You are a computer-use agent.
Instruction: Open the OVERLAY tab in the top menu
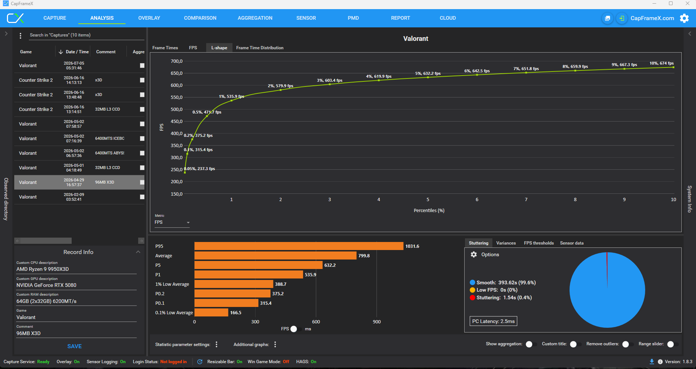click(x=149, y=18)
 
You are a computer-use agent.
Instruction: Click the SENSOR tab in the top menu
click(x=306, y=18)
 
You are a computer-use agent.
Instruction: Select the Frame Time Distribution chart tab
click(x=260, y=48)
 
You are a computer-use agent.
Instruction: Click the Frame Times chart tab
click(x=165, y=48)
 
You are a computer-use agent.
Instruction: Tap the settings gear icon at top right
click(x=684, y=18)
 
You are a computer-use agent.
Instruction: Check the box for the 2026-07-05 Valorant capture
click(x=142, y=66)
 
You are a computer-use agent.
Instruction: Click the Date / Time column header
click(x=77, y=52)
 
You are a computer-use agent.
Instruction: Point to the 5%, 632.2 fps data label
click(x=428, y=73)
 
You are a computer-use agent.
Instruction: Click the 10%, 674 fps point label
click(x=661, y=63)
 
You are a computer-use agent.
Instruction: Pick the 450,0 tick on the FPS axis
click(x=177, y=122)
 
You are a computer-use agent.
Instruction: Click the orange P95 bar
click(x=299, y=246)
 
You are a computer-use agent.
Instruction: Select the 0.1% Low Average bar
click(x=211, y=312)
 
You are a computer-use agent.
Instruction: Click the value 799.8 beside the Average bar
click(x=364, y=256)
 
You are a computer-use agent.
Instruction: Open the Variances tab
click(x=506, y=243)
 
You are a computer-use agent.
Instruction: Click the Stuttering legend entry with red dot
click(x=500, y=297)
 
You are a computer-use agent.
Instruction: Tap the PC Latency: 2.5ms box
click(x=493, y=321)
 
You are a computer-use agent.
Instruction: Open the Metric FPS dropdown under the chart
click(x=172, y=222)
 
